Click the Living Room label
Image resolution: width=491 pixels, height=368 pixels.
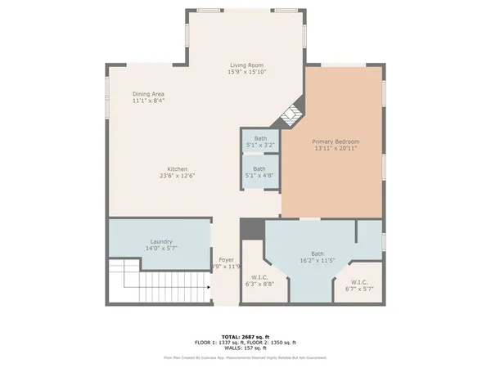(246, 65)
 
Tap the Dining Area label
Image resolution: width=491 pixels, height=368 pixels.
(147, 94)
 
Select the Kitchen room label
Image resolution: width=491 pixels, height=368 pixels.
(181, 168)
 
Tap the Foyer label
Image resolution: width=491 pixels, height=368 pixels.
(226, 259)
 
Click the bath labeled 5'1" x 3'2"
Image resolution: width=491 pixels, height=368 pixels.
(259, 139)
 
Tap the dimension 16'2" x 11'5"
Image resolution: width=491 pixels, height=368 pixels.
(317, 261)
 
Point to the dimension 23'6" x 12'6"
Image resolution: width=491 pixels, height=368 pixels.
(181, 176)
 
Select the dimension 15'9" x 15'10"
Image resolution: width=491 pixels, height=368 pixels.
(246, 73)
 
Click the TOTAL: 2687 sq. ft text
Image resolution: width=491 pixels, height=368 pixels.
(245, 336)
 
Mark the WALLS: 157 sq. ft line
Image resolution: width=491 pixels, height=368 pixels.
(245, 348)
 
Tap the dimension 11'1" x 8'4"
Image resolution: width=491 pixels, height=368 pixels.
(147, 101)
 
